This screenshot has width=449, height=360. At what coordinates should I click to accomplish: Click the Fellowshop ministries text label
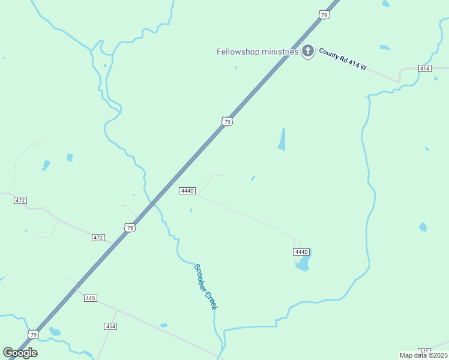[258, 52]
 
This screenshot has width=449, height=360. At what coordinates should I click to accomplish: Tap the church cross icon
[308, 51]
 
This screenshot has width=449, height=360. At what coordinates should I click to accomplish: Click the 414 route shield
[425, 68]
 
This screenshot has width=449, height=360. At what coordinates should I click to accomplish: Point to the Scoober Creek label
[205, 287]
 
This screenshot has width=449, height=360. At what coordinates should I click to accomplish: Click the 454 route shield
[110, 326]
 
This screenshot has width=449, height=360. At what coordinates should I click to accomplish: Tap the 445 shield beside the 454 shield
[91, 298]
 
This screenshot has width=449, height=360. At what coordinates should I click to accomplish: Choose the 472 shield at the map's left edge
[20, 200]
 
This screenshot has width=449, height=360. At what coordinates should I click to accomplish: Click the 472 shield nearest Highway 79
[98, 238]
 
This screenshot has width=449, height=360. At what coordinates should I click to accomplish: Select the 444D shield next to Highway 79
[187, 191]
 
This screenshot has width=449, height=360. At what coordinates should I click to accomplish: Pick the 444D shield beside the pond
[301, 251]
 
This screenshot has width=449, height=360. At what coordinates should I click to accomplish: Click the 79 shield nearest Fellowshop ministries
[324, 14]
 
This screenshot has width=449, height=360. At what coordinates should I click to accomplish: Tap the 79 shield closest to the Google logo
[33, 334]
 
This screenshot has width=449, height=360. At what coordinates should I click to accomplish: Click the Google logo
[20, 353]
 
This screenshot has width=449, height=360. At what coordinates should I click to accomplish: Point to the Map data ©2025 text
[424, 355]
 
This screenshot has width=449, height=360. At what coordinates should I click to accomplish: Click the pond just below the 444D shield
[303, 263]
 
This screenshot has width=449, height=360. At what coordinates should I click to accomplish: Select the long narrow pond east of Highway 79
[282, 139]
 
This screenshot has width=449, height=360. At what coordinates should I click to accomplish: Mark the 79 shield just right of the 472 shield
[130, 227]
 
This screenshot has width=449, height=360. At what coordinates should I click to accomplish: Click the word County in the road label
[328, 54]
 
